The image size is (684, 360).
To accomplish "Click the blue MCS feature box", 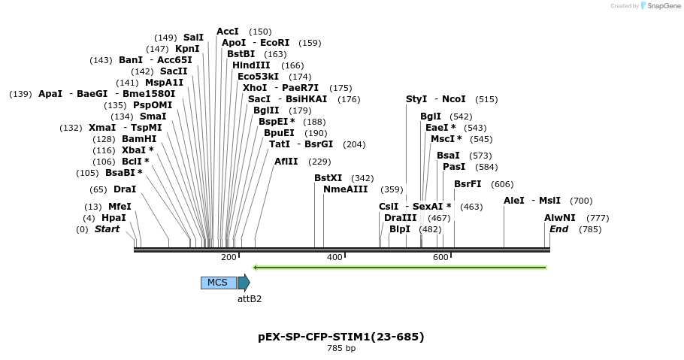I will [218, 283].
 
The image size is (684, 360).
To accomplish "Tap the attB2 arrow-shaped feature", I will [244, 283].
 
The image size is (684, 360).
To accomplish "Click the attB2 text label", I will [250, 298].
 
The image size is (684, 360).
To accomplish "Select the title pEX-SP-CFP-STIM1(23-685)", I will [340, 337].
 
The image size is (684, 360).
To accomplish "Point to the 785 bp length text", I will [341, 348].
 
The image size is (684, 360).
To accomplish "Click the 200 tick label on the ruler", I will [229, 258].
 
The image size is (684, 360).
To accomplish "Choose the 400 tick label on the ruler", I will [334, 258].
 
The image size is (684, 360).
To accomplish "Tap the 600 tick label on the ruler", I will [440, 258].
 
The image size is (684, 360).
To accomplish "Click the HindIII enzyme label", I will [251, 65].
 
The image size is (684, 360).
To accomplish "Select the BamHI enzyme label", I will [139, 139].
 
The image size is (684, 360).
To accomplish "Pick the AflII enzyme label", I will [286, 162].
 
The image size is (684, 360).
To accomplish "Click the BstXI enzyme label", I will [328, 178].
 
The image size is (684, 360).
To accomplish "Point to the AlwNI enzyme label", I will [560, 218].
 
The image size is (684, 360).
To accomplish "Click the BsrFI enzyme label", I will [468, 184].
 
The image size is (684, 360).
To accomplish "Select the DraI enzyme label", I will [125, 189].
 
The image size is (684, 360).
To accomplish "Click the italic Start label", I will [107, 229].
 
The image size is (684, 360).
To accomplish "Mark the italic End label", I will [559, 229].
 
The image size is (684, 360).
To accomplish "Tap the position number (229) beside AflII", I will [319, 162].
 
